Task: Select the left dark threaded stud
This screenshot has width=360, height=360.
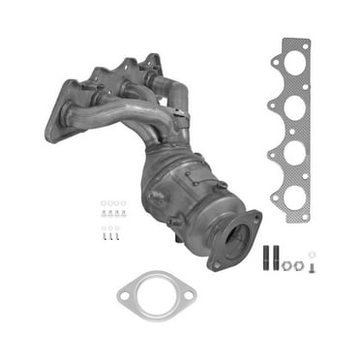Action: [x=265, y=256]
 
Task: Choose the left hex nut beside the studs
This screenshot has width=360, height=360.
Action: [x=286, y=264]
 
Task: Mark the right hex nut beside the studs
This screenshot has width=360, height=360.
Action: [x=298, y=264]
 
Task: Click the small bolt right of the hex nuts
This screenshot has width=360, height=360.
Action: [x=311, y=265]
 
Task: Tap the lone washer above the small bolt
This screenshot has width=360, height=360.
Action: [x=312, y=255]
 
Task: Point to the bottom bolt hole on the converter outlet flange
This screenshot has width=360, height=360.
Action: [x=218, y=262]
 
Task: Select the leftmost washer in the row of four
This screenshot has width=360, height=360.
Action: [x=103, y=203]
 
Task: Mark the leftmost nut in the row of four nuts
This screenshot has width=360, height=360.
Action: [x=104, y=214]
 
